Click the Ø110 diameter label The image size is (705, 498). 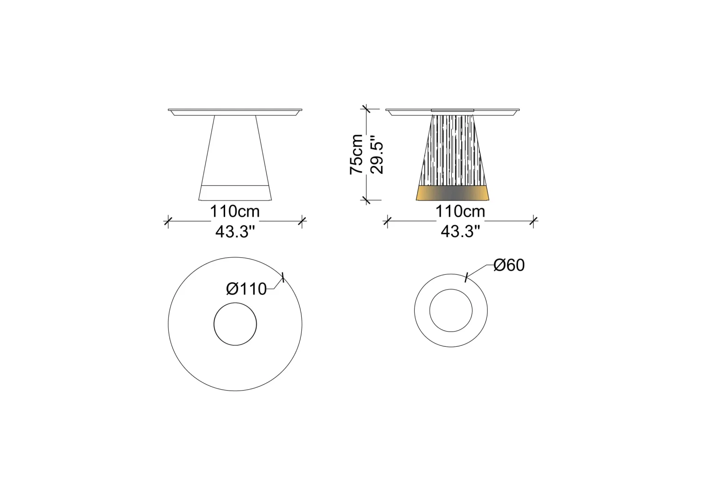tap(246, 289)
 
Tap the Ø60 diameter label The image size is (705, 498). tap(509, 265)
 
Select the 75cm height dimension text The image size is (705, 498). tap(356, 154)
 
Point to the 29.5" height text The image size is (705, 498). tap(377, 155)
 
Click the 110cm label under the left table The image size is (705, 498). tap(235, 211)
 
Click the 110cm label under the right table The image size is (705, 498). tap(460, 211)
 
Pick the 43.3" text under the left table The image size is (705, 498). tap(235, 232)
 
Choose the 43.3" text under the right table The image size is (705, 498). tap(460, 232)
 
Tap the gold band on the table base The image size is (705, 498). tap(453, 193)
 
